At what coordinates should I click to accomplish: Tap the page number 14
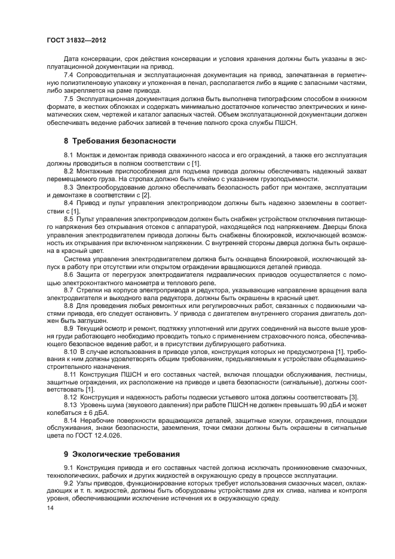pos(50,508)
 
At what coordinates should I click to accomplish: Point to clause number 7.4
pos(69,76)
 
